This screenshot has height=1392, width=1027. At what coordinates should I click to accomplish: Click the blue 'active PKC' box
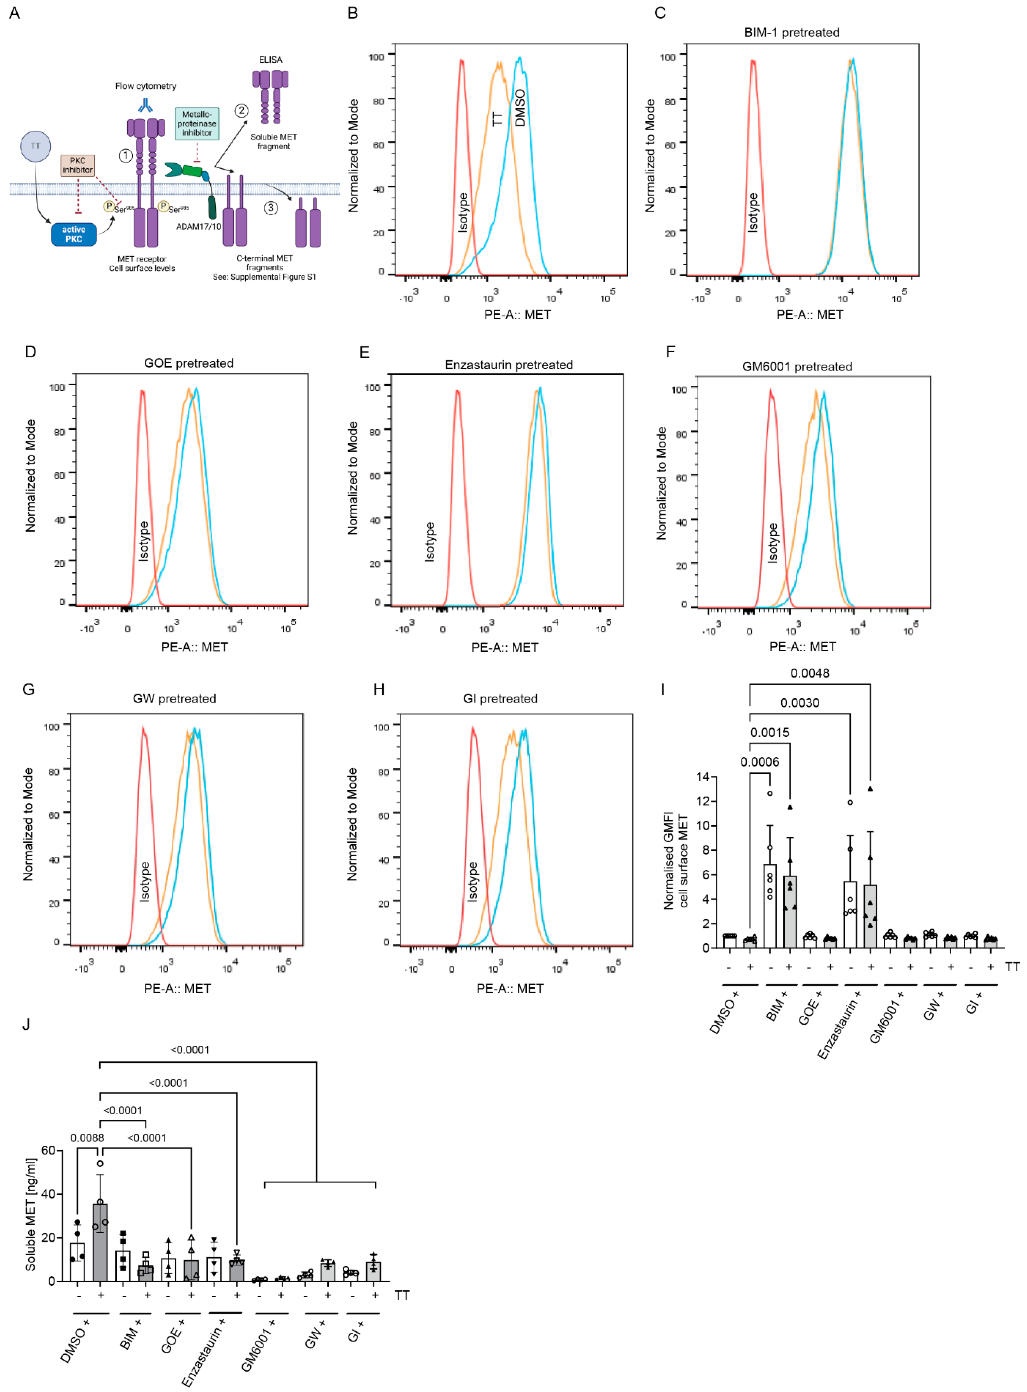click(73, 234)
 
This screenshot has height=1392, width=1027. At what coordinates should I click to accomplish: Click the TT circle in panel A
click(35, 146)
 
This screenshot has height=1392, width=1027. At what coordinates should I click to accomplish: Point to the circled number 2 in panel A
click(241, 111)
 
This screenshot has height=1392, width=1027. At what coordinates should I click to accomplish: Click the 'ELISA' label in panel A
click(270, 60)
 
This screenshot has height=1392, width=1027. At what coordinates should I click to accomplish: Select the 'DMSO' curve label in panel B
click(520, 107)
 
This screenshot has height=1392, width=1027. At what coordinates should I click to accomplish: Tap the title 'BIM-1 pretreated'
click(792, 32)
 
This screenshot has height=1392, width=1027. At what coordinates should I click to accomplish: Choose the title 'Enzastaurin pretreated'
click(509, 365)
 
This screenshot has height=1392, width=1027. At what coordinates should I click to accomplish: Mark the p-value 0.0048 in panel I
click(809, 673)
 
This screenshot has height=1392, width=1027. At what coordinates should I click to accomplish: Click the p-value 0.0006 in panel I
click(759, 762)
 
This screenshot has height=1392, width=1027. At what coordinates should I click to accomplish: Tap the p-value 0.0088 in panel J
click(87, 1138)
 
